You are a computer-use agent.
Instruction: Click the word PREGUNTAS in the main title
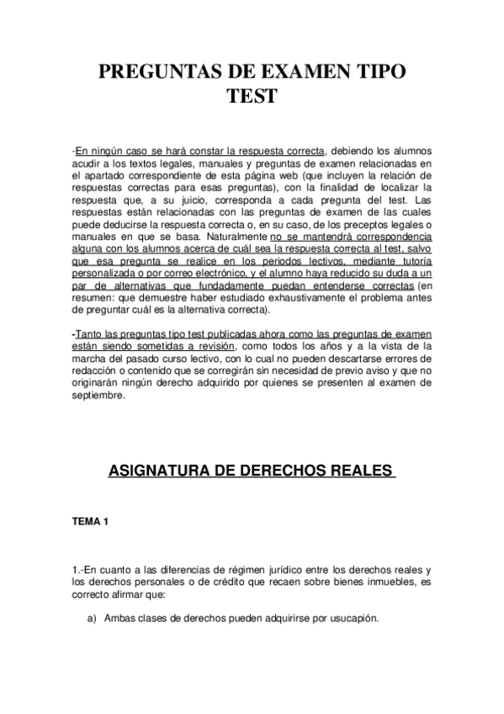(x=162, y=72)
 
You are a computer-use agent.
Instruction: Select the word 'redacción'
(x=98, y=370)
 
